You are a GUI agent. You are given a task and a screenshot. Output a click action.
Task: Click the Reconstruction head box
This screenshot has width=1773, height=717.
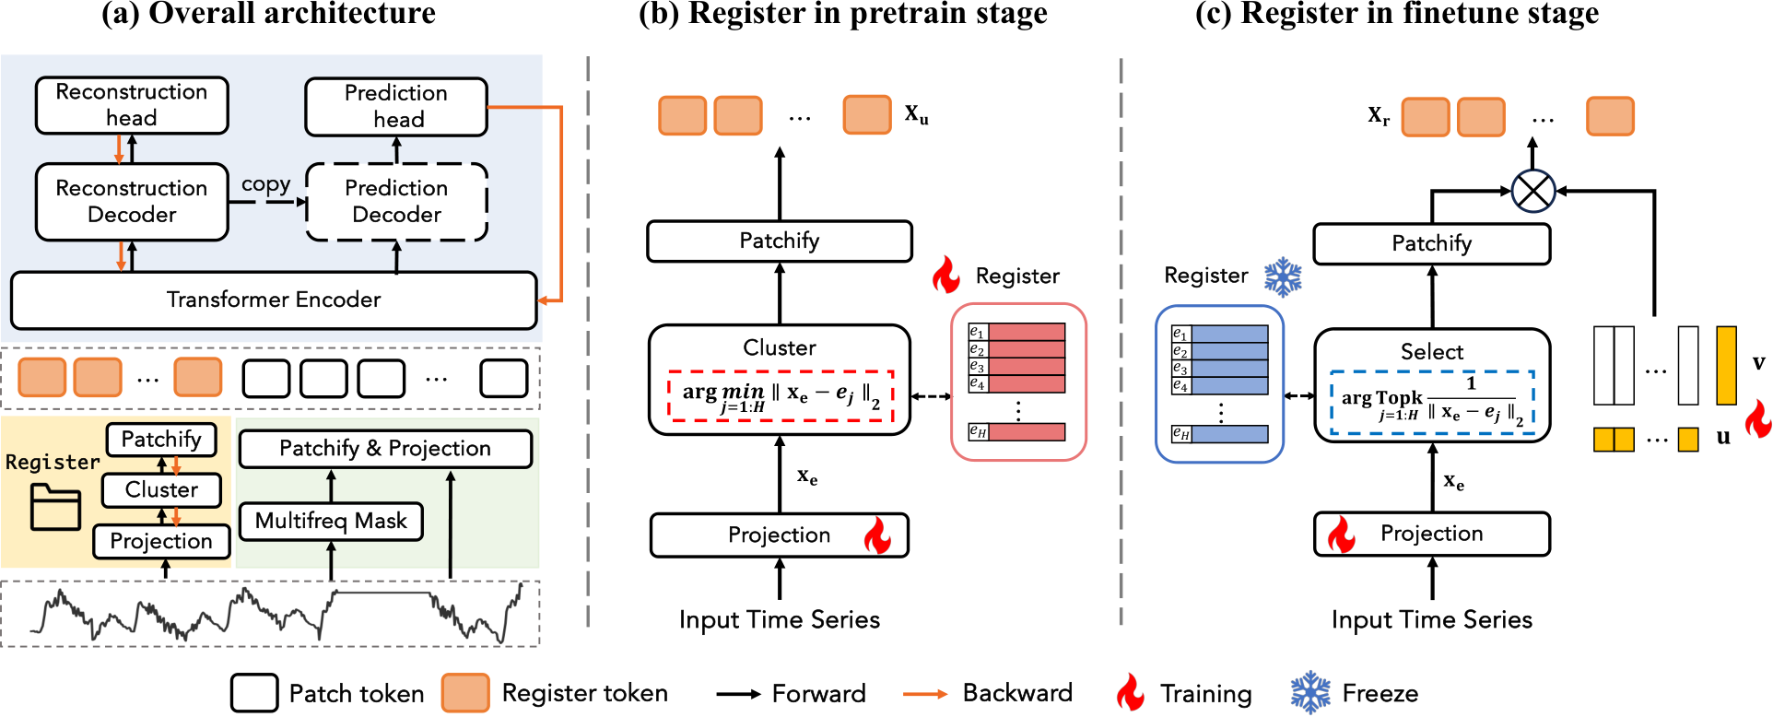point(132,105)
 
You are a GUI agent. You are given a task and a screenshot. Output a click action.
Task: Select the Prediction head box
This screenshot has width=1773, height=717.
point(396,107)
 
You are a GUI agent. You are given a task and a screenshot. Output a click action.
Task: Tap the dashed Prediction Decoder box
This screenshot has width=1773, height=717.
point(396,202)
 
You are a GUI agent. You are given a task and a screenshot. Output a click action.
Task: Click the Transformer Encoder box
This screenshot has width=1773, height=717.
point(273,300)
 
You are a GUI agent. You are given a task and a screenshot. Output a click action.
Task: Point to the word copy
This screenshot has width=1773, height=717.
point(265,184)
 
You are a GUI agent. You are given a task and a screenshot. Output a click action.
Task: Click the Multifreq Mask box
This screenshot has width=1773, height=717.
point(331,522)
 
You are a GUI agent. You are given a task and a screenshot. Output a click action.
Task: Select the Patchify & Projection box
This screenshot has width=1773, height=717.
point(385,449)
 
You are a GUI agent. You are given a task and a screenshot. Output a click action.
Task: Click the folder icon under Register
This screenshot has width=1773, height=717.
point(55,507)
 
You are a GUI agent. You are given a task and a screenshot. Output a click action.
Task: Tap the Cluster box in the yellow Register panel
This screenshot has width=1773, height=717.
point(161,490)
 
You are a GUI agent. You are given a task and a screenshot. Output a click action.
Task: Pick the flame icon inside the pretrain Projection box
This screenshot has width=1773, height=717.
point(877,535)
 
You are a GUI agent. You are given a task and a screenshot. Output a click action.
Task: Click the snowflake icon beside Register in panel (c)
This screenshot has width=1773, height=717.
point(1283,276)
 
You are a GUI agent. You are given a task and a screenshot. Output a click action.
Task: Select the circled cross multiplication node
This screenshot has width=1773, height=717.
point(1532,192)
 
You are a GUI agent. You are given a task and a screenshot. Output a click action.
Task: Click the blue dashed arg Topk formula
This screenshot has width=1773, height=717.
point(1432,403)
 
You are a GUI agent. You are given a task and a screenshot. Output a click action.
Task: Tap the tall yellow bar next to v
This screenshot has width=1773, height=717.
point(1726,365)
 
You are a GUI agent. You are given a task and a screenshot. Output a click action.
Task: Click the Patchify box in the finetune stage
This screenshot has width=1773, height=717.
point(1431,244)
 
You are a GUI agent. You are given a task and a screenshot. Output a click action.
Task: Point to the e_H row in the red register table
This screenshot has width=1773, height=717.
point(1017,431)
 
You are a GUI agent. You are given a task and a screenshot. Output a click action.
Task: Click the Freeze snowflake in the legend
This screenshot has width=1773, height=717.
point(1310,693)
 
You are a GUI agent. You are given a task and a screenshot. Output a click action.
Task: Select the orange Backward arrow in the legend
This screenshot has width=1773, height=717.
point(924,694)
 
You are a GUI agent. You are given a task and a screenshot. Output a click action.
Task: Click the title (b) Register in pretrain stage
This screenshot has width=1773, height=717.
point(842,14)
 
